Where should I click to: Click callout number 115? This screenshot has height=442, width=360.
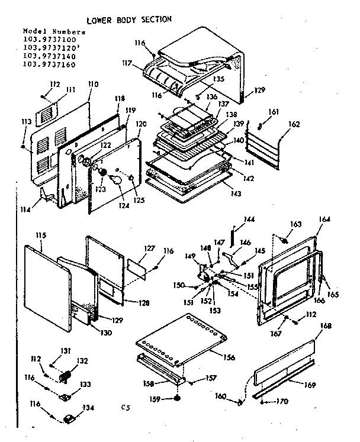point(40,235)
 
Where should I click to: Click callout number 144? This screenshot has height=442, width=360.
point(249,219)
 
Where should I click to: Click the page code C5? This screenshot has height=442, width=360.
point(124,407)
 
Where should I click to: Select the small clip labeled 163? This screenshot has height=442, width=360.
point(284,240)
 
